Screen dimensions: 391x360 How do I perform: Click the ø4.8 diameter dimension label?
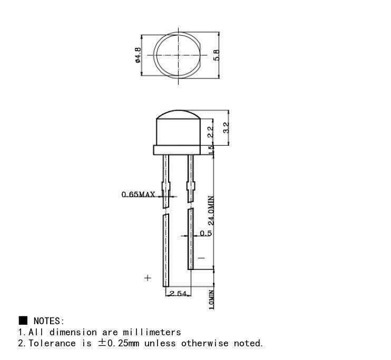click(138, 55)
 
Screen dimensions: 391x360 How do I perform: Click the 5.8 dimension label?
click(217, 55)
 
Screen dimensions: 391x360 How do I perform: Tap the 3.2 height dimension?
click(226, 128)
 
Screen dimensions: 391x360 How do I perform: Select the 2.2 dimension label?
click(211, 132)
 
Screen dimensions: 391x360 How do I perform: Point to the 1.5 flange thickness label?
click(211, 150)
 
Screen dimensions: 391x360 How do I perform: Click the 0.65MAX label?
click(138, 194)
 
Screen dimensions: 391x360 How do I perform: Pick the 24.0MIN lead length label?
click(211, 211)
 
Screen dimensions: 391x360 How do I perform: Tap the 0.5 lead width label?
click(206, 233)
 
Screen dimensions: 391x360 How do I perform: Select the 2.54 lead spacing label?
click(178, 294)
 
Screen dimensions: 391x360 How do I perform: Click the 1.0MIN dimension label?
click(211, 299)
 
